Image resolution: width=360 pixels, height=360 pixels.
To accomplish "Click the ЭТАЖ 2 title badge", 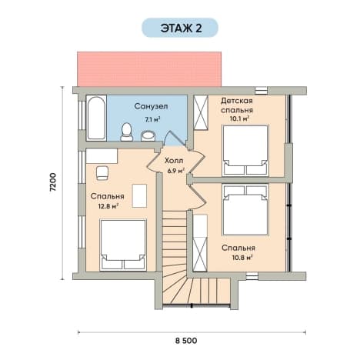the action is [180, 28].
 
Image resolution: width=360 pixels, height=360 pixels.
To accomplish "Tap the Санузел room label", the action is [151, 106].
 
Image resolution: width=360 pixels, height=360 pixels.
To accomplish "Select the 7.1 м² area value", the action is [152, 119].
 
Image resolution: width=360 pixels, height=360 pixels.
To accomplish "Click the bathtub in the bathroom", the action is [96, 118].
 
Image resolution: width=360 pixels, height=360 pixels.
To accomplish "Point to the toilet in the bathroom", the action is [127, 132].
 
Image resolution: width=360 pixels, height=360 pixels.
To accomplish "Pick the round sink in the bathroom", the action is [148, 135].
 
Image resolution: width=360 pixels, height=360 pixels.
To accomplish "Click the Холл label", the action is [174, 161].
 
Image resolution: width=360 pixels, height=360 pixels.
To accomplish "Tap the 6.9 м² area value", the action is [176, 171].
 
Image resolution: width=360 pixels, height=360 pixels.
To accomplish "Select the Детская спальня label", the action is [237, 105].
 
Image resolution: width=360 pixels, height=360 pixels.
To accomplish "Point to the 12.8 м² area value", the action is [108, 206].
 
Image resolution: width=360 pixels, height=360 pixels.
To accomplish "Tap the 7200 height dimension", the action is [52, 182].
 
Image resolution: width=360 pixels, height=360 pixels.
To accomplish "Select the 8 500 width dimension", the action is [186, 341].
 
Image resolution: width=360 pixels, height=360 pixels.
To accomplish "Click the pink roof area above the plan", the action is [149, 69].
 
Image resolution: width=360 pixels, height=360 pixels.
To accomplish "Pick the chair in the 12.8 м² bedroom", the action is [102, 173].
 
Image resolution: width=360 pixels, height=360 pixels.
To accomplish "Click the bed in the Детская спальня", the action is [245, 150].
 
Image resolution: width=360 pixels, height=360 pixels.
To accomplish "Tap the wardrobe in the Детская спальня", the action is [201, 113].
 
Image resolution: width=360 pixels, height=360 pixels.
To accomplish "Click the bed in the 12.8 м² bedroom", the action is [123, 245].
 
